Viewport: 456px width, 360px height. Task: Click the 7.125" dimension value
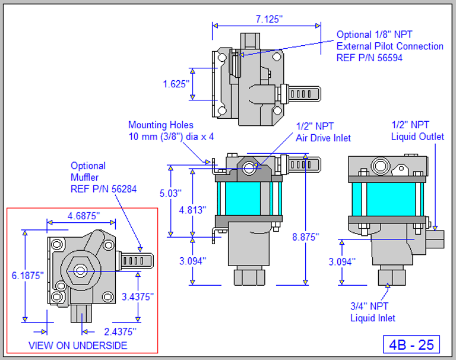point(269,19)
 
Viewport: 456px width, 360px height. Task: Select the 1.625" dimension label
point(176,84)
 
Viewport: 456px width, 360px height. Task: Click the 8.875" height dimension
point(305,236)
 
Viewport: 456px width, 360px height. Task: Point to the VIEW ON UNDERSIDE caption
point(78,345)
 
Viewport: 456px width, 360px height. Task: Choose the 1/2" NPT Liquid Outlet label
point(417,131)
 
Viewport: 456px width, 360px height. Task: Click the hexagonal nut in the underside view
point(78,271)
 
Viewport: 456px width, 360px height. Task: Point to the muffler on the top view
point(303,93)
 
